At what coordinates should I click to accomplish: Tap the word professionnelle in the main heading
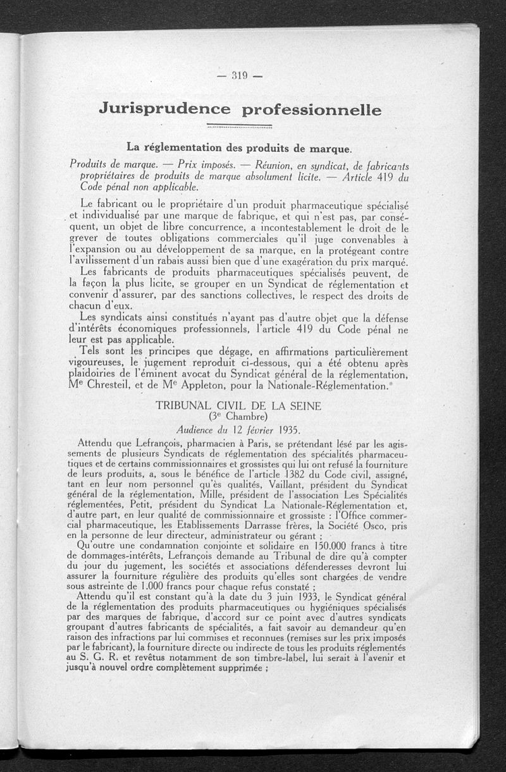pos(312,110)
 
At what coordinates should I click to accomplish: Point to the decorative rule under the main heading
pos(239,126)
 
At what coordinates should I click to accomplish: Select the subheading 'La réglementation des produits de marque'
pos(238,147)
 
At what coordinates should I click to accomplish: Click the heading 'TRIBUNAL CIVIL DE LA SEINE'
pos(239,405)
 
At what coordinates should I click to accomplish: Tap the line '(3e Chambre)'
pos(238,417)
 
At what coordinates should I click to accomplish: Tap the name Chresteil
pos(114,386)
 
